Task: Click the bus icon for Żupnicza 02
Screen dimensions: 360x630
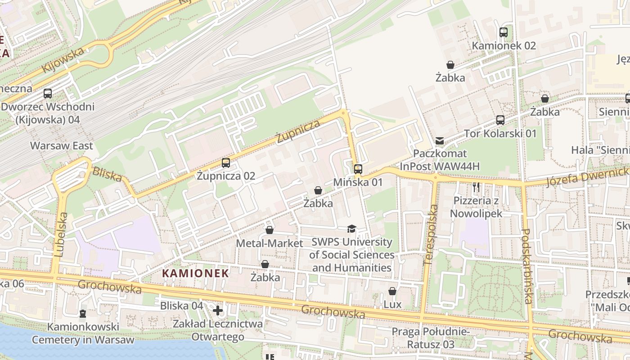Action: click(226, 163)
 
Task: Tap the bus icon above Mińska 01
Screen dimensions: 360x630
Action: click(358, 169)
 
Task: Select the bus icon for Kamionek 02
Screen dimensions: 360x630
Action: click(503, 32)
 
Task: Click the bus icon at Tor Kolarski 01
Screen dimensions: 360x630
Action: click(500, 120)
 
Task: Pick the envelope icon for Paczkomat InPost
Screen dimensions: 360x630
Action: click(440, 141)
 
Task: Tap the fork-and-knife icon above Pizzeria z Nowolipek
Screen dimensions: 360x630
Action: click(476, 187)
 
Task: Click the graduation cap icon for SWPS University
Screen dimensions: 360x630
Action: click(351, 229)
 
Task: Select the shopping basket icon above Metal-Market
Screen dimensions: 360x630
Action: click(269, 230)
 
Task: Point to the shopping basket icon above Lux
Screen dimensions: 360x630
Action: click(392, 291)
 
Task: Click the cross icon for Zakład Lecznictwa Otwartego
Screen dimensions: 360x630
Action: click(218, 310)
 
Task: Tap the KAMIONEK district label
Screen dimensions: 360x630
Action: click(195, 273)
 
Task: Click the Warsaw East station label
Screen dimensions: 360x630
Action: click(62, 146)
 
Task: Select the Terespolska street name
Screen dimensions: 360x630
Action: click(431, 234)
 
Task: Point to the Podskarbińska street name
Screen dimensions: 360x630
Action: click(527, 266)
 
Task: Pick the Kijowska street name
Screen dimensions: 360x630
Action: click(63, 60)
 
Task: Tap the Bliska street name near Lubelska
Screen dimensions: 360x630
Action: click(107, 175)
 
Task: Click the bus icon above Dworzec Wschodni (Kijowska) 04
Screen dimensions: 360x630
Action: click(47, 94)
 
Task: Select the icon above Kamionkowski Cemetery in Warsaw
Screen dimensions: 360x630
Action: click(83, 313)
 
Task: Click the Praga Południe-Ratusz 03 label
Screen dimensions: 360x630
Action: click(430, 338)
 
